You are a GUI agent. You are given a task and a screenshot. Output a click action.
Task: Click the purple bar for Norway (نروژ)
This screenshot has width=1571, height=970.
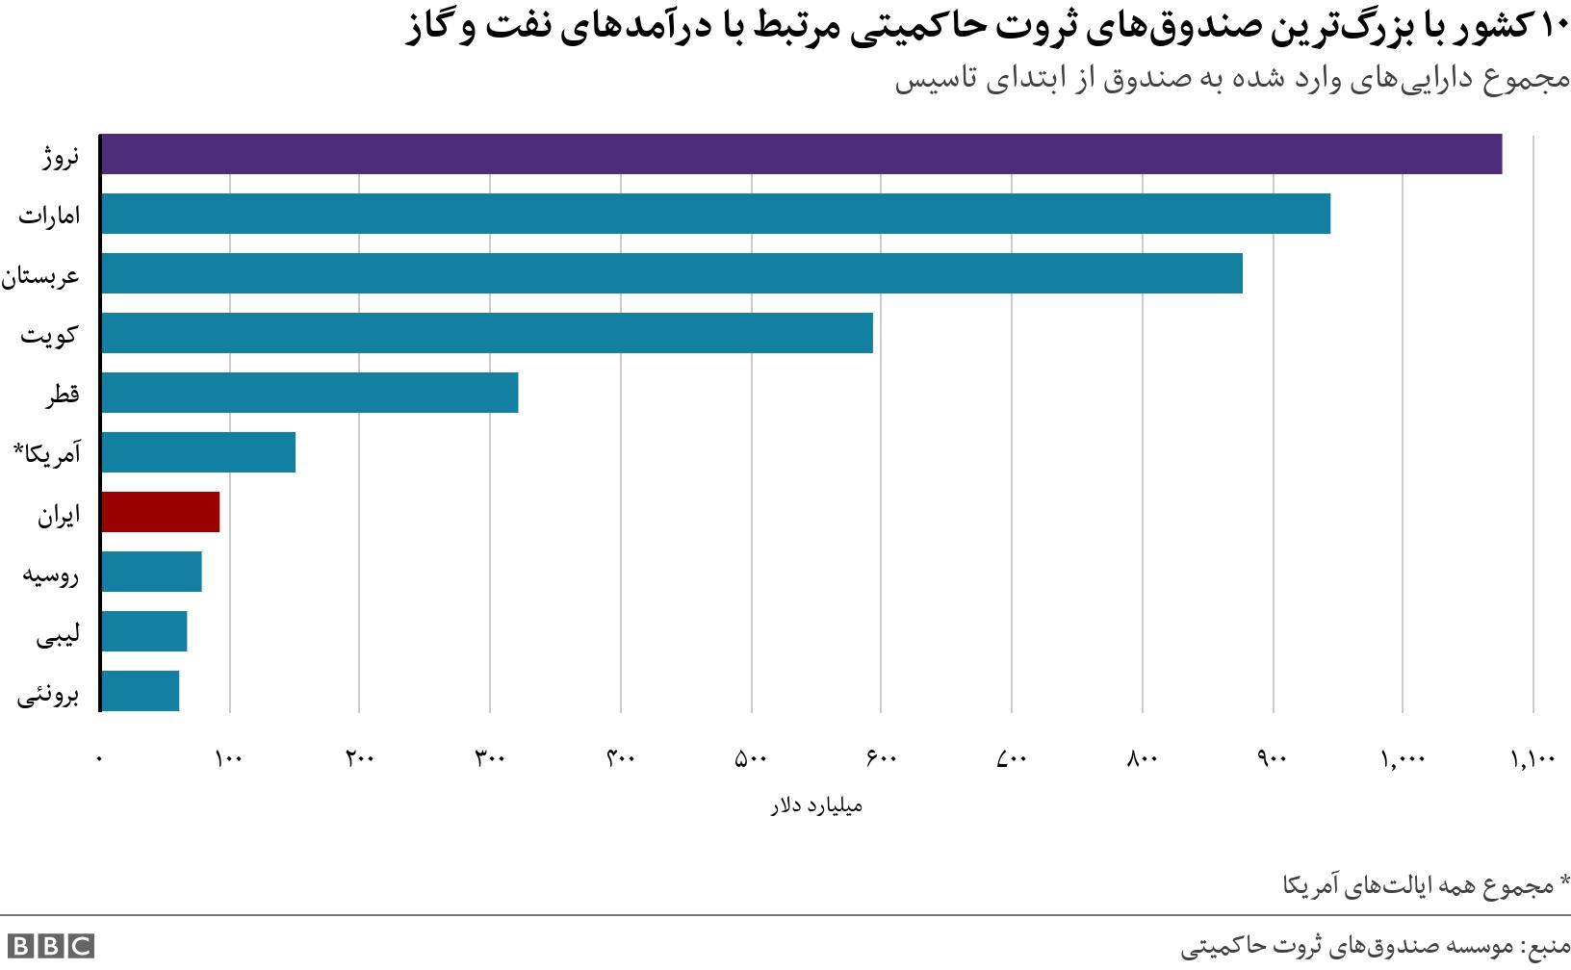[x=801, y=154]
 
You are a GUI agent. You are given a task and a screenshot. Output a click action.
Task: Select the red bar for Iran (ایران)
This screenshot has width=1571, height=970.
[x=160, y=512]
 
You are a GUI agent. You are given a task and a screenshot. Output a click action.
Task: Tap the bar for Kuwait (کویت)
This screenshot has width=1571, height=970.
[x=486, y=333]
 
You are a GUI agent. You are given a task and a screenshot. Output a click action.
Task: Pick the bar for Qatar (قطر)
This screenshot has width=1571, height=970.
[x=309, y=393]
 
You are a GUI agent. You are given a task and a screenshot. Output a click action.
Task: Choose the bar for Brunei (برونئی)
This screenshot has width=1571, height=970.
[x=140, y=691]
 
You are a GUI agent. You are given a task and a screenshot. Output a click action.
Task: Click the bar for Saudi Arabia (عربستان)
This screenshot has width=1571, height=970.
[x=671, y=273]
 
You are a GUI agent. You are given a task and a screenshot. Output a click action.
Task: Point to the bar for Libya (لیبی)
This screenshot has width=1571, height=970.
[x=143, y=631]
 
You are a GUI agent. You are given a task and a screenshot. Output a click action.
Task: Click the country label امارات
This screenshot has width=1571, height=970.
[x=49, y=216]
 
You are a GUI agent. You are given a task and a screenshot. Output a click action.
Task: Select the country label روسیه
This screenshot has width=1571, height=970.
[x=51, y=574]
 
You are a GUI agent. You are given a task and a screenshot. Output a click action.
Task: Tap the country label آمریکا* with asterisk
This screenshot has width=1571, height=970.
[x=46, y=453]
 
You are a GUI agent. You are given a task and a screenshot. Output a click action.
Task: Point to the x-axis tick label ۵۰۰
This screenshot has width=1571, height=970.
[x=751, y=759]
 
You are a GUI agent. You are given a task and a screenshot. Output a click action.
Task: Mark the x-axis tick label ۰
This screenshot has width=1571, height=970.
[x=99, y=759]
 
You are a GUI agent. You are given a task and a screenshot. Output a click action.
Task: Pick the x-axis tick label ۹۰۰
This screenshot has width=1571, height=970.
[x=1273, y=759]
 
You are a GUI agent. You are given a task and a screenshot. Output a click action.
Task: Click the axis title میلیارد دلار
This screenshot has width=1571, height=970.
[x=816, y=805]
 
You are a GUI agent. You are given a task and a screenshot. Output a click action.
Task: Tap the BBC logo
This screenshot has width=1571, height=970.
[x=50, y=946]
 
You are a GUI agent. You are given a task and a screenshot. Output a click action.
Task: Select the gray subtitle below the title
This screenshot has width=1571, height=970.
[x=1232, y=79]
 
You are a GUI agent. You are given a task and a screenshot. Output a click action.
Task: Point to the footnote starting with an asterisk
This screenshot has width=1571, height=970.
[x=1426, y=884]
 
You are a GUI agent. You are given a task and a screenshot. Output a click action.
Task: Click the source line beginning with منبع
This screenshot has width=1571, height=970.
[x=1375, y=947]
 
